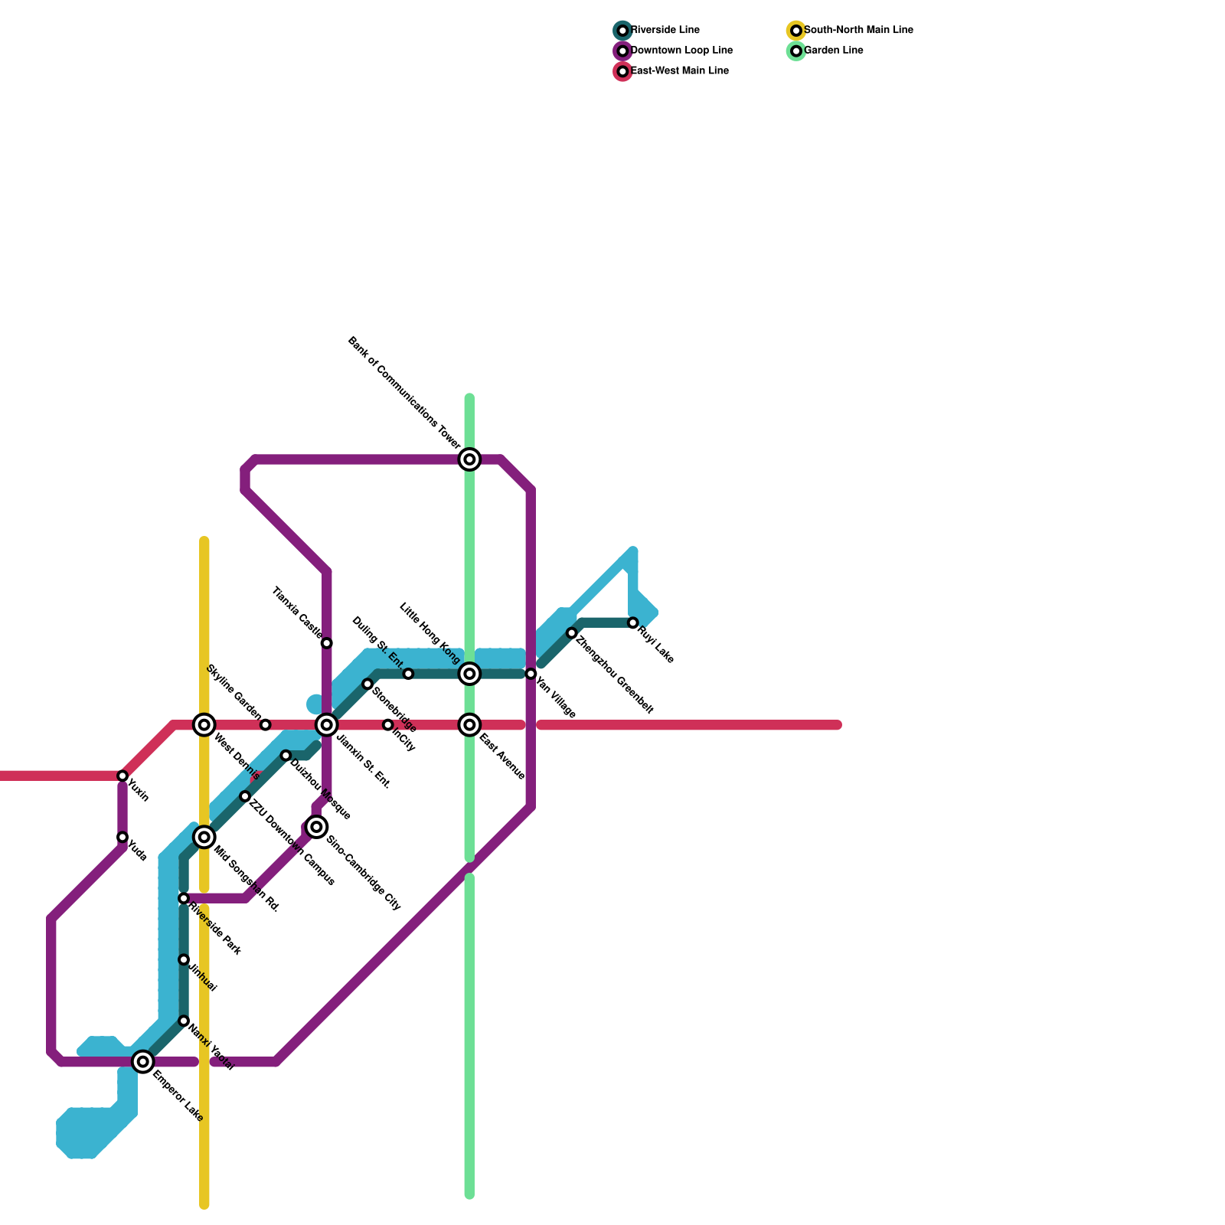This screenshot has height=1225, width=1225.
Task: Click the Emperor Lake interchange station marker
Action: (x=142, y=1061)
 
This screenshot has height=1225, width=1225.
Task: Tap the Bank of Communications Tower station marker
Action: (x=469, y=459)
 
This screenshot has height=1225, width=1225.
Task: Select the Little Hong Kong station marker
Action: (x=469, y=674)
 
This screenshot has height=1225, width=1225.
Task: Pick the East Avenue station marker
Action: (x=469, y=724)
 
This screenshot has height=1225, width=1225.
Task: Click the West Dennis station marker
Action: (x=204, y=724)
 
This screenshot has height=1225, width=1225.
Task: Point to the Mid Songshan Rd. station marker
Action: (x=204, y=837)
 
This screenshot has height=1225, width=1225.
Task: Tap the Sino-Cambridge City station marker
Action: (x=316, y=827)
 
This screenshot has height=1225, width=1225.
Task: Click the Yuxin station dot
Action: (x=122, y=776)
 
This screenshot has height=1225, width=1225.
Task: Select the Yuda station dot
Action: (x=122, y=837)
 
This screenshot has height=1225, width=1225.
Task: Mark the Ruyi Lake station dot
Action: (x=632, y=622)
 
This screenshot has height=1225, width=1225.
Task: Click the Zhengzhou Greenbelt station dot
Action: (x=571, y=632)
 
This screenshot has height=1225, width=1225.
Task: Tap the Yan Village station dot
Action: (x=531, y=674)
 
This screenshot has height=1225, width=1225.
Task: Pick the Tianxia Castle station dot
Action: (x=326, y=643)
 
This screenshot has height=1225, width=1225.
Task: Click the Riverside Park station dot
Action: (x=184, y=898)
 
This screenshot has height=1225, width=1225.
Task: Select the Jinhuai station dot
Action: (x=184, y=959)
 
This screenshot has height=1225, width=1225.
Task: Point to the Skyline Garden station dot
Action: (x=265, y=724)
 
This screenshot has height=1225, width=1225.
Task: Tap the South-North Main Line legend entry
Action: (x=850, y=31)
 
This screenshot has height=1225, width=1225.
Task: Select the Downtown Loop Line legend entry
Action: (x=674, y=51)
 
